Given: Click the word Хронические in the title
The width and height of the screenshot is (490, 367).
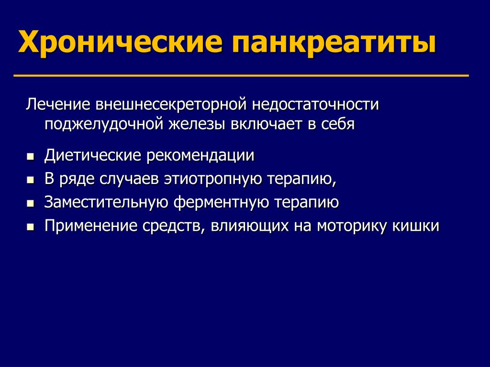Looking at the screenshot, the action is click(x=120, y=41).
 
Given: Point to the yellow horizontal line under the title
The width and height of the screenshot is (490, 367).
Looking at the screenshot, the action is click(x=241, y=76).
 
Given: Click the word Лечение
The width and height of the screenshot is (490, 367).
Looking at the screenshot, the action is click(x=58, y=104).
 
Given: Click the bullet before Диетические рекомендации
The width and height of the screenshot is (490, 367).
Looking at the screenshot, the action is click(x=30, y=156).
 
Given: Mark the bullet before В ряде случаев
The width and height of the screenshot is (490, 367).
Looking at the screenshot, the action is click(x=30, y=180).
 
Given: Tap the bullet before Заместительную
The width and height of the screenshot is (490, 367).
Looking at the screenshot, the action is click(x=30, y=203).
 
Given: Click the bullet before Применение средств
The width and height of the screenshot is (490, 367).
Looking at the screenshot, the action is click(x=30, y=227).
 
